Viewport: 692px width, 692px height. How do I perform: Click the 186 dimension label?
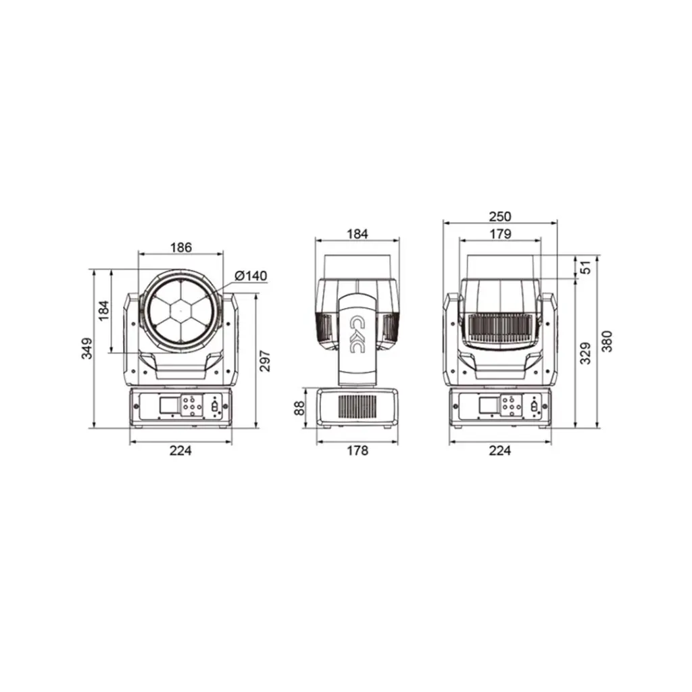(180, 247)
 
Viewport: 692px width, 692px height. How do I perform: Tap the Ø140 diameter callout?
(251, 276)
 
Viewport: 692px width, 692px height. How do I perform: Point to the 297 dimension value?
(265, 361)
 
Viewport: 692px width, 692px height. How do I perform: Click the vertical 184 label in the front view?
(103, 311)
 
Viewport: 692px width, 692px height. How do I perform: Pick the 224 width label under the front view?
(180, 451)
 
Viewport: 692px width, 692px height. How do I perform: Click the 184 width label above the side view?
(357, 234)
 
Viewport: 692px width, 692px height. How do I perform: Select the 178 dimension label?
(357, 451)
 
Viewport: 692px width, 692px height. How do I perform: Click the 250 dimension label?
(500, 217)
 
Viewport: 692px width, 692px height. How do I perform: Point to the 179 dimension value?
(500, 234)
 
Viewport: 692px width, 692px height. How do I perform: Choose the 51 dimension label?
(586, 267)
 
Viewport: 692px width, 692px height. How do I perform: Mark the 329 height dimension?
(586, 353)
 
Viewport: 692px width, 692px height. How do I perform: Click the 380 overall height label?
(607, 341)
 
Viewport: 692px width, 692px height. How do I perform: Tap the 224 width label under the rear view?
(500, 451)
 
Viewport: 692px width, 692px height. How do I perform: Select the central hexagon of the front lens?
(180, 311)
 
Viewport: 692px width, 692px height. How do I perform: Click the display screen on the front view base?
(169, 406)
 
